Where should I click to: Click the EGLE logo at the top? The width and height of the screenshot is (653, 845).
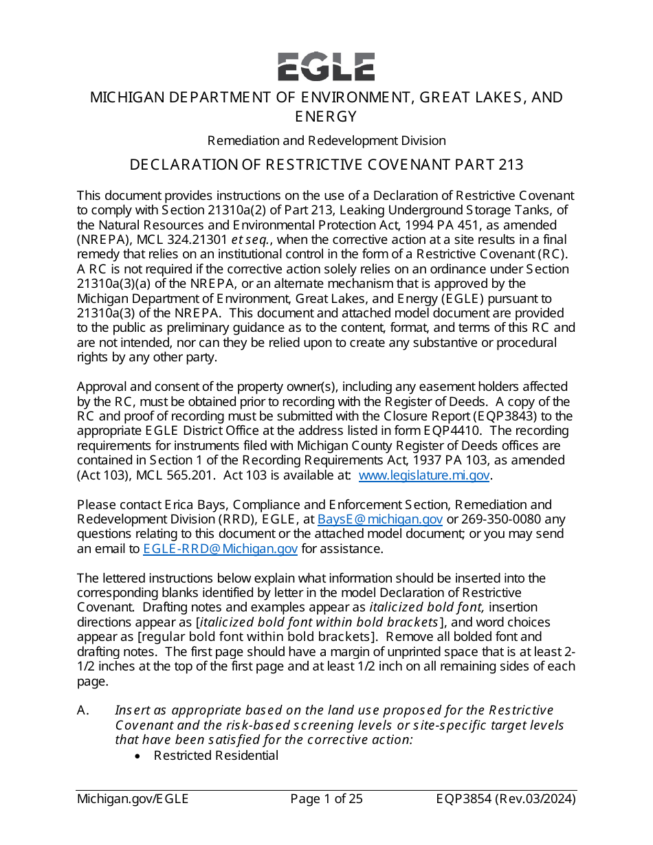pos(326,67)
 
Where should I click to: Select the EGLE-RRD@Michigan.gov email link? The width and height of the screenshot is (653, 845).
pos(220,549)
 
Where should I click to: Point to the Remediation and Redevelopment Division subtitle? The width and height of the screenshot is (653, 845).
pos(326,141)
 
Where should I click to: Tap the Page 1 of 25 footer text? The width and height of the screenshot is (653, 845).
pos(326,799)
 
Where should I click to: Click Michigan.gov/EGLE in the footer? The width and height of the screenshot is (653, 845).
pos(132,799)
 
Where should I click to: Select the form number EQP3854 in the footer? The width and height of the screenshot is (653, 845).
pos(467,799)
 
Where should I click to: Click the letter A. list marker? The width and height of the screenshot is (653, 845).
pos(83,710)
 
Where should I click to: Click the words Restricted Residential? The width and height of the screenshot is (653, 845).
pos(216,756)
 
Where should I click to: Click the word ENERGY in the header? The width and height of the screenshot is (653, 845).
pos(326,116)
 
